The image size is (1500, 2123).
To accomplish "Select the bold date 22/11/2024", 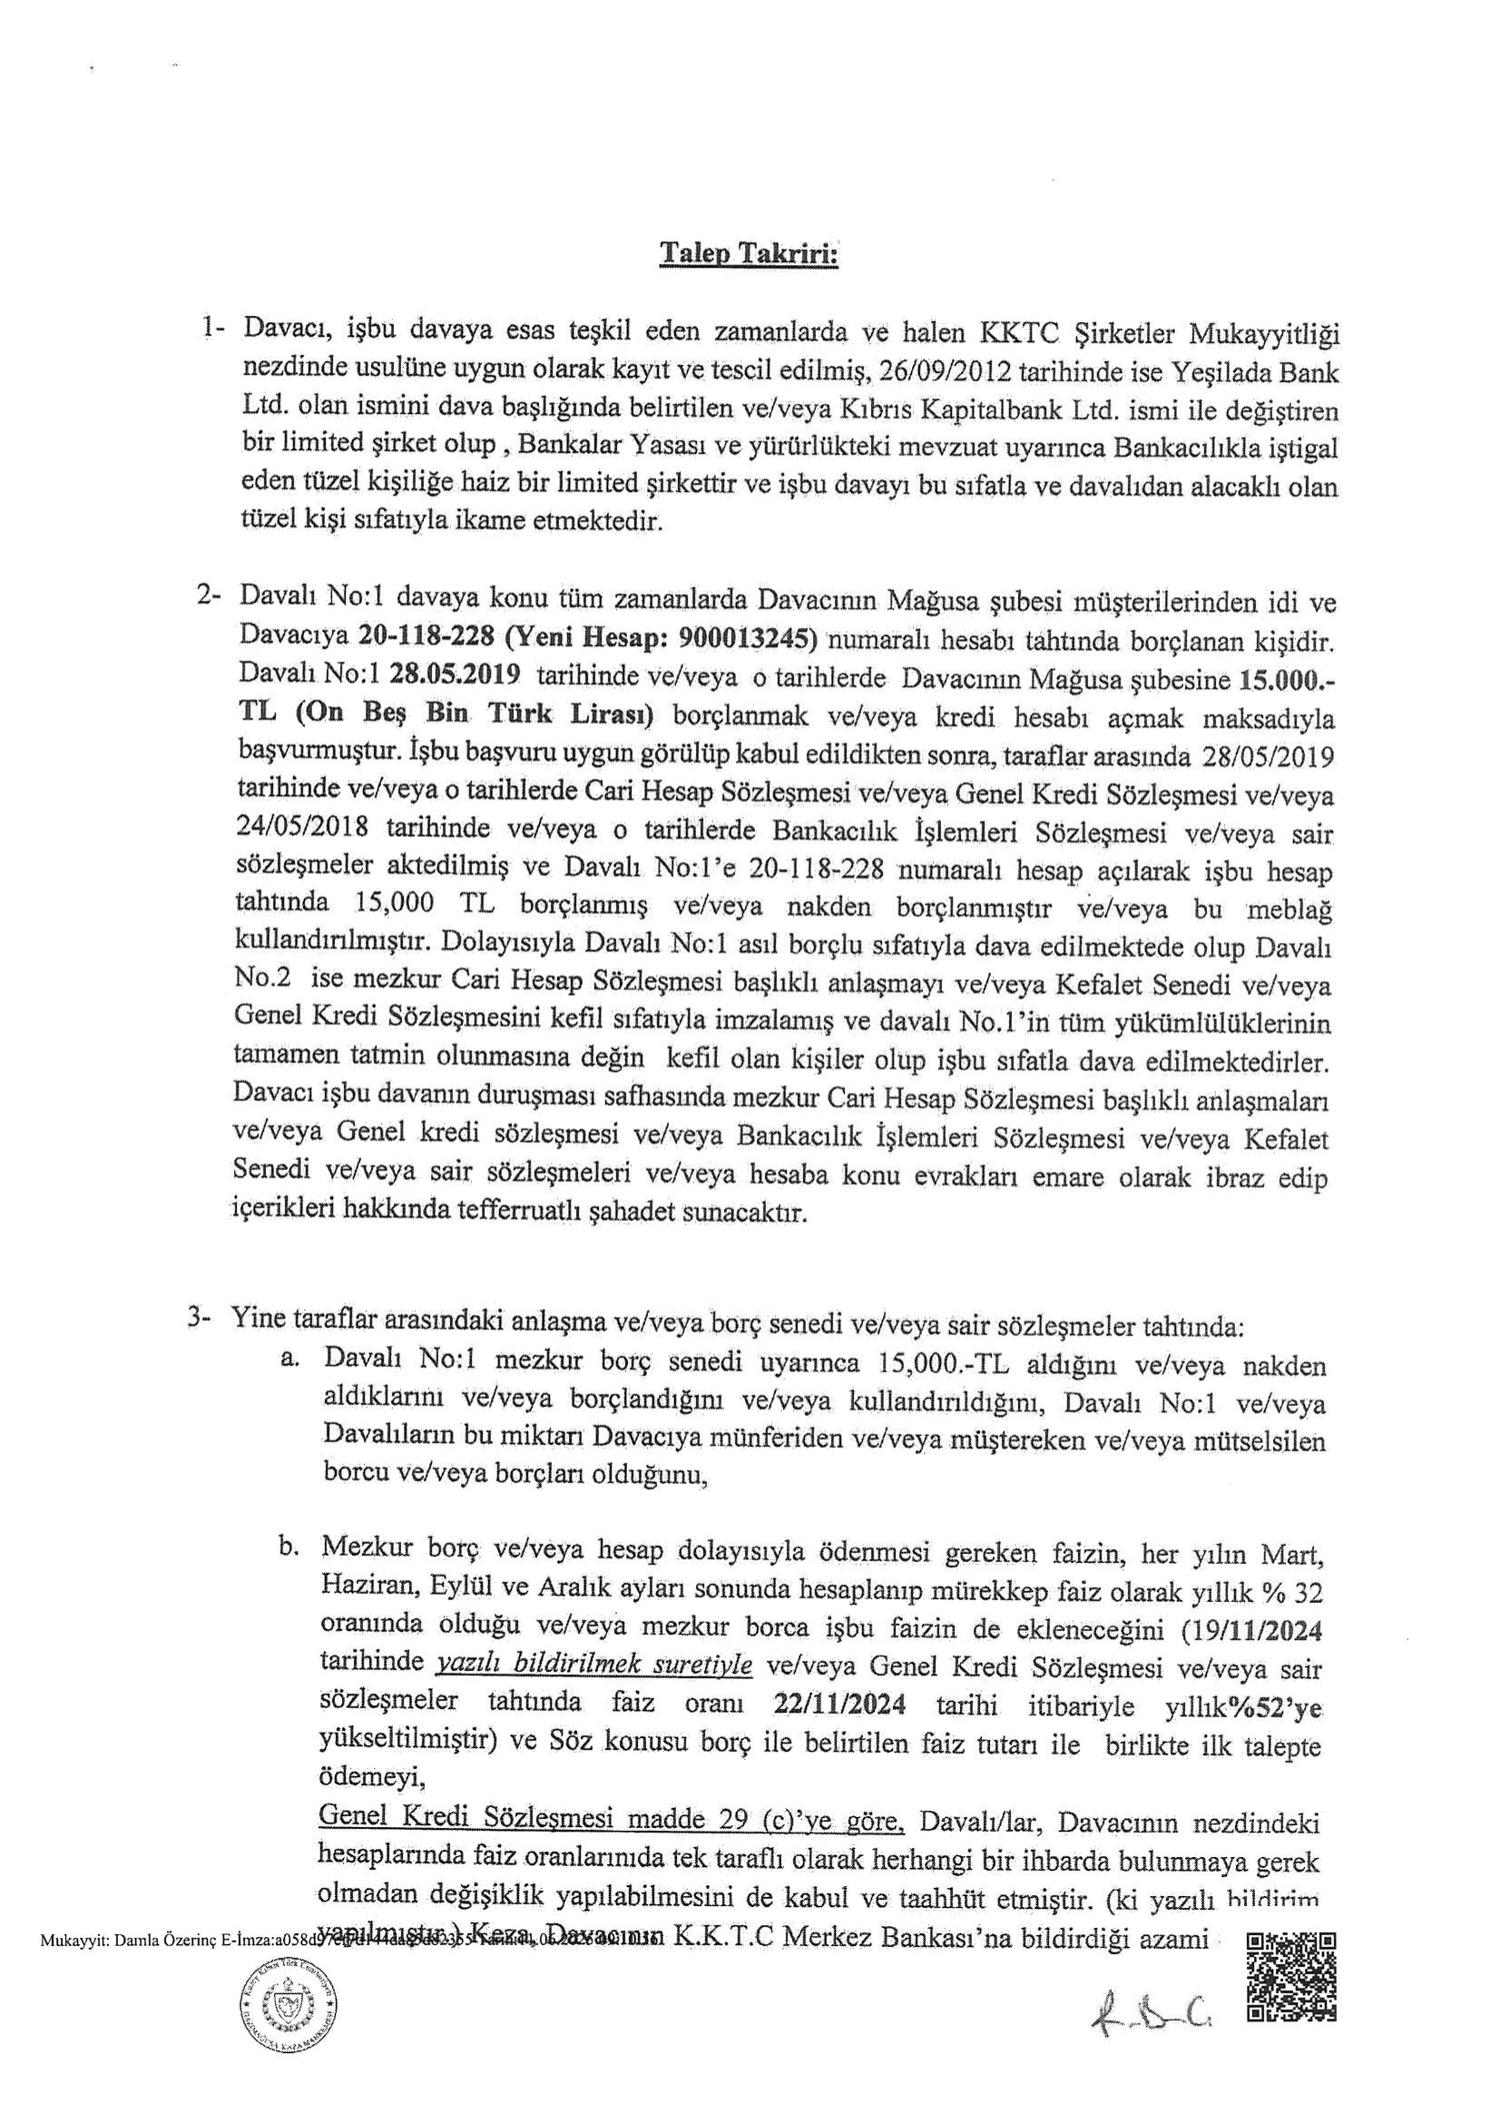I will point(840,1705).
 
